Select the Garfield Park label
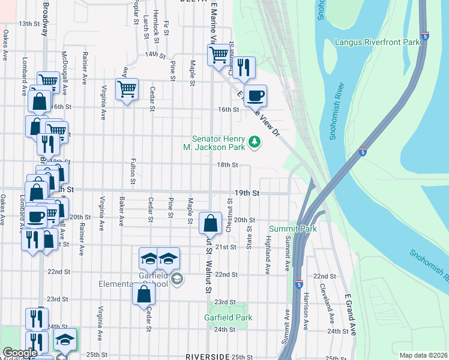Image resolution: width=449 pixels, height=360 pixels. [x=228, y=317]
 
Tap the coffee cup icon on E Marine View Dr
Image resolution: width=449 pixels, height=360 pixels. [x=255, y=95]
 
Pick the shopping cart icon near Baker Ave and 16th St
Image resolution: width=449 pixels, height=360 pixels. [x=127, y=90]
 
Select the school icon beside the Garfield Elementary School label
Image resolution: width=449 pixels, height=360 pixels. [x=177, y=279]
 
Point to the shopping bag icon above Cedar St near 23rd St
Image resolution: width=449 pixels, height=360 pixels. [x=143, y=295]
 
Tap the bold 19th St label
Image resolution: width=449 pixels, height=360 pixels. [x=247, y=193]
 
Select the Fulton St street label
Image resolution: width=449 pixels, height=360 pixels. [x=132, y=171]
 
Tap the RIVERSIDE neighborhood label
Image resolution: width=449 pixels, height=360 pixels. [x=208, y=356]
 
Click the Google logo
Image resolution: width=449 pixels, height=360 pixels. [x=20, y=353]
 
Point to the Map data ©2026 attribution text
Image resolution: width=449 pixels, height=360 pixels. [x=423, y=355]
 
